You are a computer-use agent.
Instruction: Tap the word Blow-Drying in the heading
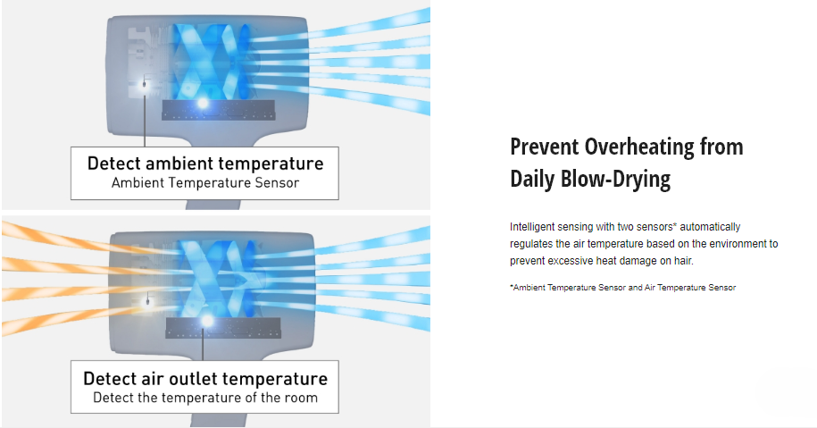(x=615, y=179)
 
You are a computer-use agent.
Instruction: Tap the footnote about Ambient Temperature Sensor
(x=622, y=287)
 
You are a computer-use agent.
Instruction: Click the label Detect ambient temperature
(x=205, y=164)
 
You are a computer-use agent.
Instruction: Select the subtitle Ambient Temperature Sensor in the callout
(x=205, y=183)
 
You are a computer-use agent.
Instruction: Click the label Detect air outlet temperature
(x=205, y=379)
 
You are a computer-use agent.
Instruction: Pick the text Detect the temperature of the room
(x=205, y=398)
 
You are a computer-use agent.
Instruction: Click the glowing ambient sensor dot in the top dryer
(x=145, y=83)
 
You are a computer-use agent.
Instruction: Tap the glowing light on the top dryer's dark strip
(x=202, y=104)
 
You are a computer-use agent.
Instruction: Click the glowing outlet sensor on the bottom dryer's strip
(x=207, y=321)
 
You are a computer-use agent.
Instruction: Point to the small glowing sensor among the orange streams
(x=148, y=301)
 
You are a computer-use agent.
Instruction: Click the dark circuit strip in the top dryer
(x=219, y=110)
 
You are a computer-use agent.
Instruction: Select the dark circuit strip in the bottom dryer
(x=223, y=328)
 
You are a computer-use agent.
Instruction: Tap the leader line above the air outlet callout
(x=203, y=344)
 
